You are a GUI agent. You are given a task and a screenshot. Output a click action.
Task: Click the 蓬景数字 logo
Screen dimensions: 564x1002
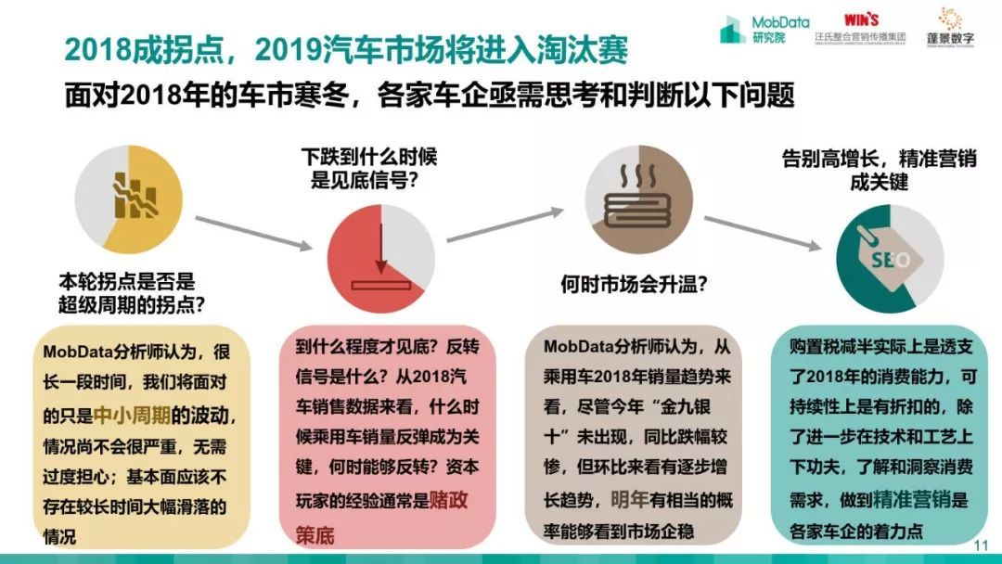point(949,27)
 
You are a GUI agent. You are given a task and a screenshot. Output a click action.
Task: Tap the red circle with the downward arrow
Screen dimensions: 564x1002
point(381,258)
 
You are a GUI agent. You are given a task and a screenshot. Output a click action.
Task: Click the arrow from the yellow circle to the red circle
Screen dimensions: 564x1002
point(253,231)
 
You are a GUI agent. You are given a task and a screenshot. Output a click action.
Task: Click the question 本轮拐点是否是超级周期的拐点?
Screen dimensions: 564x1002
point(127,290)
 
